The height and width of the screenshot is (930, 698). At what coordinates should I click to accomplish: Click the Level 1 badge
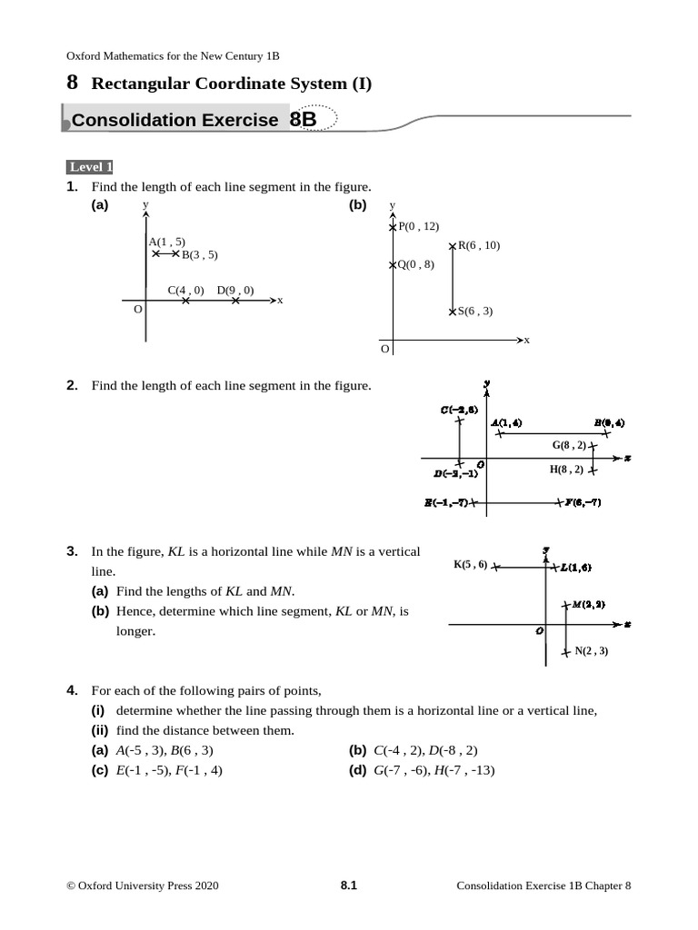89,167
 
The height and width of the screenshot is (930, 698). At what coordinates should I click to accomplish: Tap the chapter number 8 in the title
73,83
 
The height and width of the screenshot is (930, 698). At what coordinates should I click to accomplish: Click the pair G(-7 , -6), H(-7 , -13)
434,771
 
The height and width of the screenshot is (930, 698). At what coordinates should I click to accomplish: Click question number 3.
72,551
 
